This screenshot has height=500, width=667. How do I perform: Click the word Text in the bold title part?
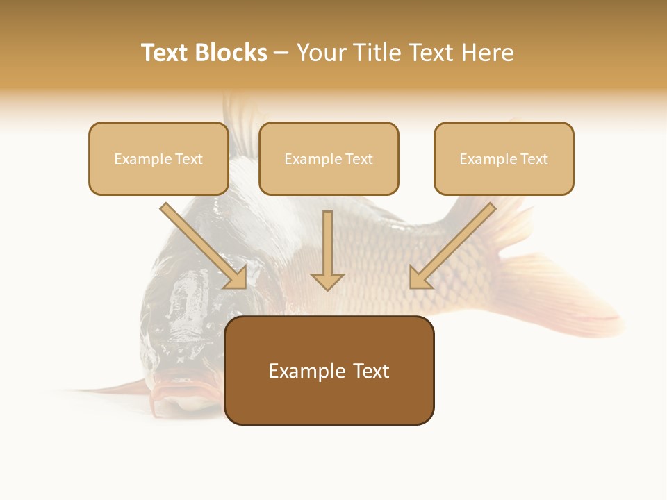[x=165, y=53]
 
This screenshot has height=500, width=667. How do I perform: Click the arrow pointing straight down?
[x=327, y=250]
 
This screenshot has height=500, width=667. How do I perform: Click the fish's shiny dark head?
[x=188, y=306]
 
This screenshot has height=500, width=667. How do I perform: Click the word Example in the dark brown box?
[x=306, y=371]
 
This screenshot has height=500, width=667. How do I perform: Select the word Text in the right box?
[x=534, y=159]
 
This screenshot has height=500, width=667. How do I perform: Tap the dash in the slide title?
[x=281, y=53]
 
